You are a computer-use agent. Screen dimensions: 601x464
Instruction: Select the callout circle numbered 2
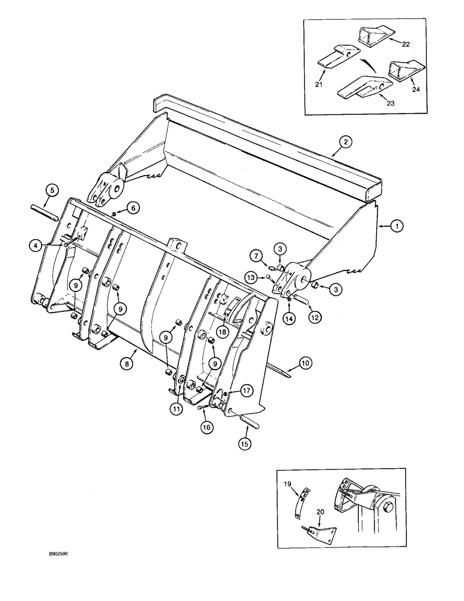tap(345, 142)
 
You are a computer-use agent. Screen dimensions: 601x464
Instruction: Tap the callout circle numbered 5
tap(52, 191)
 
